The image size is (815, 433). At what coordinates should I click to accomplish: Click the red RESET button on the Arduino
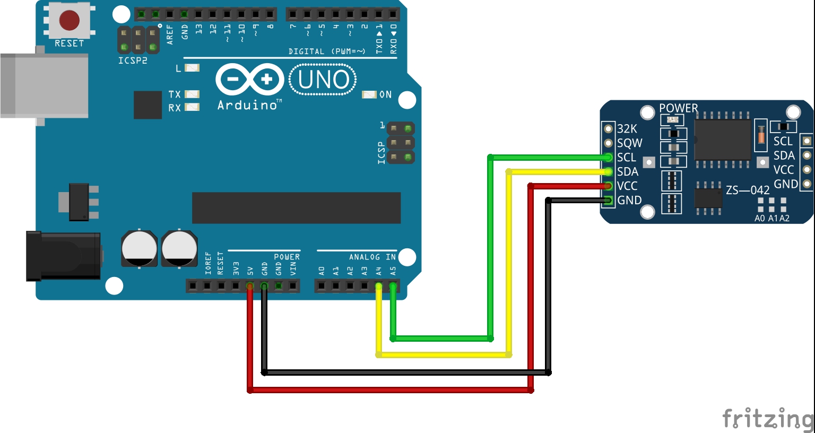[69, 20]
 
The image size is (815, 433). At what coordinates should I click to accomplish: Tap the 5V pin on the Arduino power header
[250, 286]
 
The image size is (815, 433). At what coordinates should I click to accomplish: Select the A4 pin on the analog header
[378, 286]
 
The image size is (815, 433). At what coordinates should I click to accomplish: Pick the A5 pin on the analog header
[393, 286]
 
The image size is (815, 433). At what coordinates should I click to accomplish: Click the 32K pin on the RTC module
[608, 129]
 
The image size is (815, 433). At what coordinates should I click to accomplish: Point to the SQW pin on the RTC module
[608, 143]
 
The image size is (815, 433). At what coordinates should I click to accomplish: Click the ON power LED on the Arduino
[369, 94]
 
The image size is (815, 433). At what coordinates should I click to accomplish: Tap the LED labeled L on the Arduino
[192, 68]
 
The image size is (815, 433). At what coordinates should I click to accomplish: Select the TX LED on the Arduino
[192, 94]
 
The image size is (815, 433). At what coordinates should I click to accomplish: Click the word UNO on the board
[323, 80]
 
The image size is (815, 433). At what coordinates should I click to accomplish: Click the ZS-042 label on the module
[747, 190]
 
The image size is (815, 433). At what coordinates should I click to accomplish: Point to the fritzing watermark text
[768, 419]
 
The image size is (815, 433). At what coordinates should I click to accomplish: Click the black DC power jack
[63, 256]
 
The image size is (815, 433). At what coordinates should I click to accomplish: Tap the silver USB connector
[44, 86]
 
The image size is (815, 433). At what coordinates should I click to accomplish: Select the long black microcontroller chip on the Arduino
[296, 208]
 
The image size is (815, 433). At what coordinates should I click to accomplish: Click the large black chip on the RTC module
[723, 140]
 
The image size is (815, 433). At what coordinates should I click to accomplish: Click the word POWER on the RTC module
[679, 108]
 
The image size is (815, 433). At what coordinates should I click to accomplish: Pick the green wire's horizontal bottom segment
[441, 339]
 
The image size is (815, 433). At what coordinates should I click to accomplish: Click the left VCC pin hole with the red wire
[608, 186]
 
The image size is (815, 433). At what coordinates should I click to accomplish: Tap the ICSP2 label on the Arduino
[133, 61]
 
